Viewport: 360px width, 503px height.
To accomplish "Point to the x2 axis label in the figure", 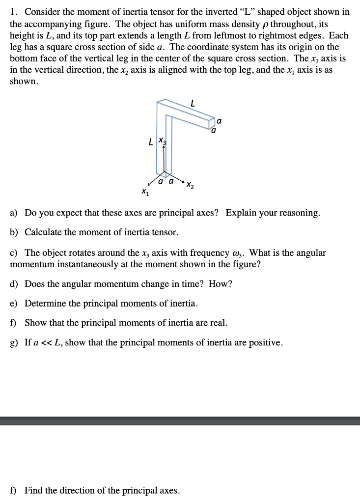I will click(190, 185).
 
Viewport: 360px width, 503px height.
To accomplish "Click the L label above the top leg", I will click(193, 104).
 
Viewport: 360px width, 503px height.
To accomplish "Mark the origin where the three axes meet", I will click(164, 174).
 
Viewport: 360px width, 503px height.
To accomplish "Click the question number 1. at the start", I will click(13, 11).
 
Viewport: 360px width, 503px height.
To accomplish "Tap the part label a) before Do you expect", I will click(14, 213).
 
